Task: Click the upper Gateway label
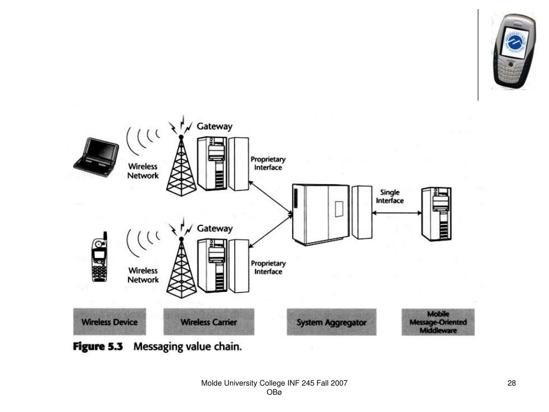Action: click(214, 127)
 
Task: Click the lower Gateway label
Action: click(214, 229)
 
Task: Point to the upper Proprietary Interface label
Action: click(268, 163)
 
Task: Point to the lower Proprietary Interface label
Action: click(268, 268)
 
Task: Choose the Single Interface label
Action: click(390, 196)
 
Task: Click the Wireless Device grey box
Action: click(109, 322)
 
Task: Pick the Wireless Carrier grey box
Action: click(209, 322)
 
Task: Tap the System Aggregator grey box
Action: click(331, 322)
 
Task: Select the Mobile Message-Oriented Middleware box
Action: click(438, 322)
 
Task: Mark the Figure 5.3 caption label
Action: click(98, 347)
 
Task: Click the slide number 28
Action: click(511, 383)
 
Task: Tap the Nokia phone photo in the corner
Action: click(513, 51)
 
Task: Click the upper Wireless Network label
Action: click(143, 171)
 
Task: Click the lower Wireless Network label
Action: click(143, 275)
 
